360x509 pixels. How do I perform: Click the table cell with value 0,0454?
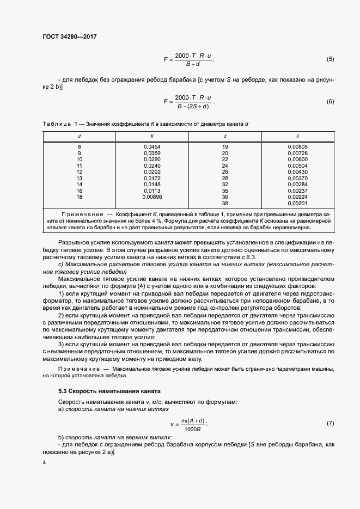[152, 147]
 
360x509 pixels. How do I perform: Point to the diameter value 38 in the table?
[225, 203]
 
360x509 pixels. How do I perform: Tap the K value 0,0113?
[152, 191]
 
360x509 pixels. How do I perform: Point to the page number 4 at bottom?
[44, 463]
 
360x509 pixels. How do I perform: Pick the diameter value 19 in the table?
[225, 147]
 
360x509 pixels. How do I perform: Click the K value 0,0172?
[152, 178]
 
